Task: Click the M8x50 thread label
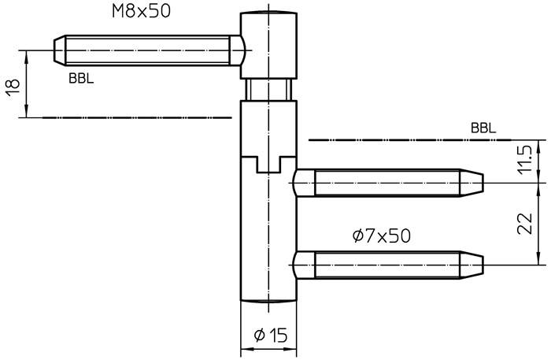tap(141, 10)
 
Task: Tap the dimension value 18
tap(13, 87)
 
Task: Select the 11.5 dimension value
tap(526, 161)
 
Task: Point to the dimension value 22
tap(526, 224)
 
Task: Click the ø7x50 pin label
tap(381, 236)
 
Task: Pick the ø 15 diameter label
tap(270, 335)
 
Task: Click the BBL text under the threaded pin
tap(81, 79)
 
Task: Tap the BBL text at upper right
tap(483, 128)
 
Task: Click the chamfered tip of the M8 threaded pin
tap(59, 50)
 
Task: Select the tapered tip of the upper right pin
tap(471, 184)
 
